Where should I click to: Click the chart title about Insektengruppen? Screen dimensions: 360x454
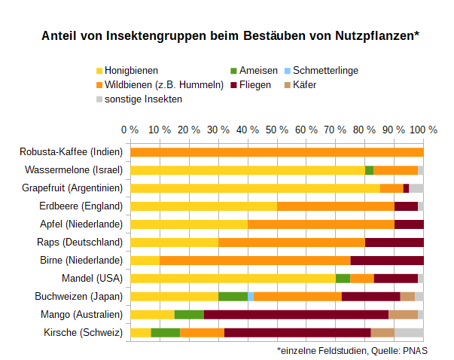coord(230,36)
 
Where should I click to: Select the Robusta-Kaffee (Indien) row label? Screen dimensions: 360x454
coord(71,152)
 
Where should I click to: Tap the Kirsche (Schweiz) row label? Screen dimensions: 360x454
coord(83,332)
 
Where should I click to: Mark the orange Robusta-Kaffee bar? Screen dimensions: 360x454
coord(276,152)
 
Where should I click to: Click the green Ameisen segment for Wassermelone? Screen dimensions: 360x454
coord(369,170)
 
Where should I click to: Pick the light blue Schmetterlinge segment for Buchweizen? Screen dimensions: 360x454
coord(251,296)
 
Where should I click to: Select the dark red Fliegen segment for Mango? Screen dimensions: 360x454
coord(296,314)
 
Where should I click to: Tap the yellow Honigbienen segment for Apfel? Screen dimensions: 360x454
coord(189,224)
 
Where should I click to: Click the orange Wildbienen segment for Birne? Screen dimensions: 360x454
coord(254,260)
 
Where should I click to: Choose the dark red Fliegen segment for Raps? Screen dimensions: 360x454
coord(394,242)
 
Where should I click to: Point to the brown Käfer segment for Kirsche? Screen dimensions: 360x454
coord(382,332)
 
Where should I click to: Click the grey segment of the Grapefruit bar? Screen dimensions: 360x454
coord(416,188)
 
